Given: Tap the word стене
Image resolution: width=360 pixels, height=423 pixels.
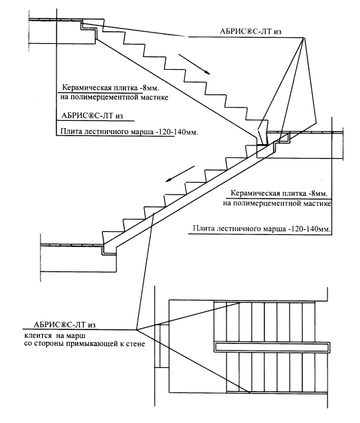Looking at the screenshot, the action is [135, 344].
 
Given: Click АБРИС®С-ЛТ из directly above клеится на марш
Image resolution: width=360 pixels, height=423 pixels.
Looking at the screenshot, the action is [64, 325].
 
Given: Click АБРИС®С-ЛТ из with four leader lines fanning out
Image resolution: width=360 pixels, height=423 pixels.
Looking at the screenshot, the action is [250, 31].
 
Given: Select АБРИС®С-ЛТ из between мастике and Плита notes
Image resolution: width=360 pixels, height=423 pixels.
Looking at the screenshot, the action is [92, 116].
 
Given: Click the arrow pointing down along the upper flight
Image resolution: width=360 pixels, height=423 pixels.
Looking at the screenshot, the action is [194, 64].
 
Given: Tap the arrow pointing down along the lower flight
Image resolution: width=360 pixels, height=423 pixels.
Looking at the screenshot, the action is [180, 174].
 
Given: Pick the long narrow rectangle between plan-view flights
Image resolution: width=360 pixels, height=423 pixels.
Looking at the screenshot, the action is [272, 347].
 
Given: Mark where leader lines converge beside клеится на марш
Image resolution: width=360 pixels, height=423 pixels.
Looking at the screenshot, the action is [137, 329].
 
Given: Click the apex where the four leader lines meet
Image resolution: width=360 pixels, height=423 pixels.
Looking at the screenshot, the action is [304, 37].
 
